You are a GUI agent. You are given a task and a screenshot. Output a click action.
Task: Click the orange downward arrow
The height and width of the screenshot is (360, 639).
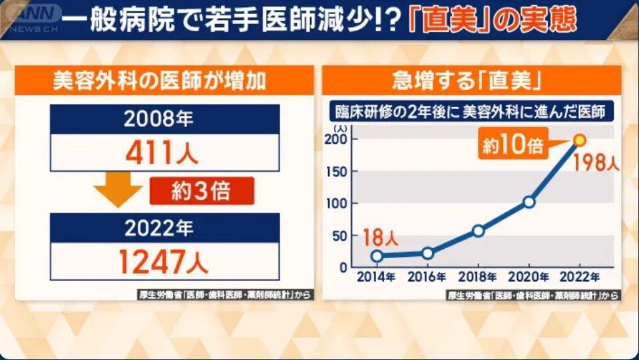(118, 194)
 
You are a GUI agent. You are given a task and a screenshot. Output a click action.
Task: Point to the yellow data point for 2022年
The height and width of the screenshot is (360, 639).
(579, 140)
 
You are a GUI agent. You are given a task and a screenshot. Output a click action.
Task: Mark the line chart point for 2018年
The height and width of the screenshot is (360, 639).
(478, 231)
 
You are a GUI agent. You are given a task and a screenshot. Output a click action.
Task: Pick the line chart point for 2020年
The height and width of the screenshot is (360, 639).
(529, 202)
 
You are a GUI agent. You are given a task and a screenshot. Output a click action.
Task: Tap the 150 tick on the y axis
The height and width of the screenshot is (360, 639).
(339, 171)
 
